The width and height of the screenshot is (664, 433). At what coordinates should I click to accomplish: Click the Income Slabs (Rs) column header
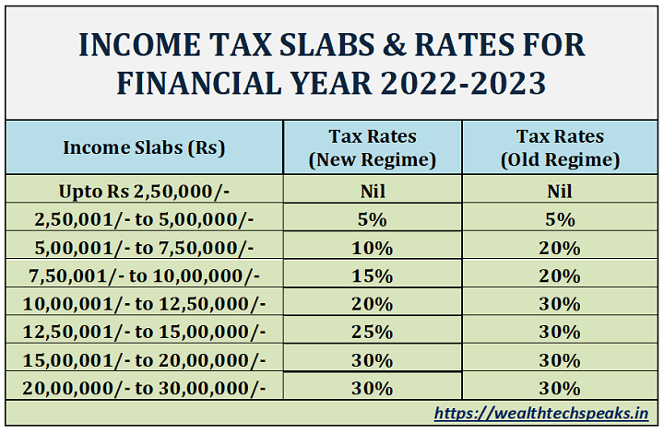coord(144,147)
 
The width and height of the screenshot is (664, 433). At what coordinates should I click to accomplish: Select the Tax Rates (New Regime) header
coord(373,147)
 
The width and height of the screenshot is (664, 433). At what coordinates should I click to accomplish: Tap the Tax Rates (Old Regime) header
coord(560,147)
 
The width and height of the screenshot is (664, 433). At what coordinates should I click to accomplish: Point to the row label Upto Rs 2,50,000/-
coord(144,192)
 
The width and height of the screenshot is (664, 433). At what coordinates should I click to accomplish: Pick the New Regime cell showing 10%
coord(373,248)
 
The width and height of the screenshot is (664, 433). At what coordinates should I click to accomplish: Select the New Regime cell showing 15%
coord(373,275)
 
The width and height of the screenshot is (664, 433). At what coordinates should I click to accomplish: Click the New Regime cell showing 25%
coord(373,332)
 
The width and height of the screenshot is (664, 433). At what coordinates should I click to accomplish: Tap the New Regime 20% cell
coord(373,303)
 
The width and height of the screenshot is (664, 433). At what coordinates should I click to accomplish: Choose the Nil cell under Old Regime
coord(560,192)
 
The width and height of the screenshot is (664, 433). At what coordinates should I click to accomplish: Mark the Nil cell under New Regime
coord(373,192)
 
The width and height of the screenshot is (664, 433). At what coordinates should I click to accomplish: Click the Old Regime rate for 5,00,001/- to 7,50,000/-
coord(560,248)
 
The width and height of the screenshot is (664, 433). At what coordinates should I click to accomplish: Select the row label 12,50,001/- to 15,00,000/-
coord(144,332)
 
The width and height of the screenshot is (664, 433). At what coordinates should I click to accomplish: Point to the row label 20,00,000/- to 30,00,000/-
coord(144,387)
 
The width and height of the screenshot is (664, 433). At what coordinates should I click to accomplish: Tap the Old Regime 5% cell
coord(560,219)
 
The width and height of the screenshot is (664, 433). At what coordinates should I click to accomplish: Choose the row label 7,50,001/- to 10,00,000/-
coord(144,275)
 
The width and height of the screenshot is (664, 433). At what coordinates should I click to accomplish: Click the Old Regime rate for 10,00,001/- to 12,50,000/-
coord(560,303)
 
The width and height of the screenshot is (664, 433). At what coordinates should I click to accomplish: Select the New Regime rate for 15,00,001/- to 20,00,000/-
coord(373,359)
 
